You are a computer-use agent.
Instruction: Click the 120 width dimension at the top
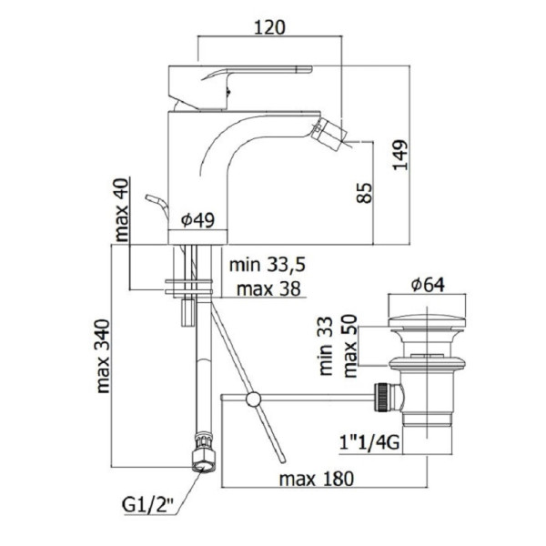[269, 27]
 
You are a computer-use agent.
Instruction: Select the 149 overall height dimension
[400, 155]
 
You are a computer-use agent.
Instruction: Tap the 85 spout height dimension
[365, 193]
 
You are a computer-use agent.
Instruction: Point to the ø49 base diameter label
[198, 219]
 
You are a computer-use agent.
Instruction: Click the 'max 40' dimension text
[122, 210]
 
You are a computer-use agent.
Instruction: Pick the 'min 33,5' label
[267, 265]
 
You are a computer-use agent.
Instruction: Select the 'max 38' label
[268, 288]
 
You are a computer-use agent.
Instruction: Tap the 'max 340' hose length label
[103, 357]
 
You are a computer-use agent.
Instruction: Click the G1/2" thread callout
[147, 505]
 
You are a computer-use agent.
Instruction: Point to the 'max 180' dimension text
[316, 479]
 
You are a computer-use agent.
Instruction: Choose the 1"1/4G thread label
[369, 443]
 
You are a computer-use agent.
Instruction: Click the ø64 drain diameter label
[428, 285]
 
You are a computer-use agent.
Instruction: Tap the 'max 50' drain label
[350, 346]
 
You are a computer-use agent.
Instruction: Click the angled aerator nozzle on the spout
[331, 134]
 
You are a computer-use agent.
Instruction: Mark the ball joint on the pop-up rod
[253, 399]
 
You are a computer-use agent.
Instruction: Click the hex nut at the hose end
[204, 461]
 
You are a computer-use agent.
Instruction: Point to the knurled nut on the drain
[381, 398]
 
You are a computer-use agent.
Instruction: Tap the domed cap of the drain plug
[427, 322]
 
